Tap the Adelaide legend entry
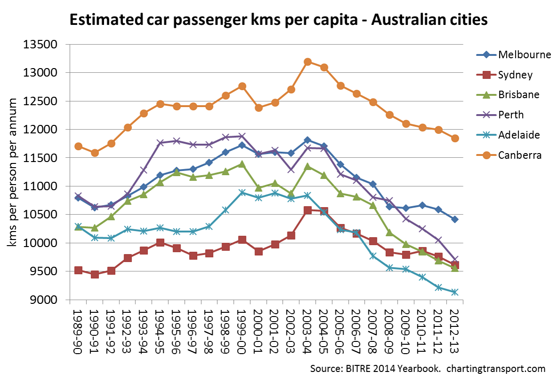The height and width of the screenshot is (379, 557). coord(518,135)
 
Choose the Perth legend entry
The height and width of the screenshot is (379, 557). coord(511,115)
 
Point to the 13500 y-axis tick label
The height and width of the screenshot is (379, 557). coord(44,45)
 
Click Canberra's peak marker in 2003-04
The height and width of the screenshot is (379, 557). coord(308,62)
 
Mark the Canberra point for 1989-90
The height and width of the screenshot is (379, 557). coord(78,147)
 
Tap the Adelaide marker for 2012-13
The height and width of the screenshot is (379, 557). coord(455,292)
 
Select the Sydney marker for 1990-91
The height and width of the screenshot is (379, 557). coord(95,274)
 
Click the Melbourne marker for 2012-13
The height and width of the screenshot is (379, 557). coord(455,219)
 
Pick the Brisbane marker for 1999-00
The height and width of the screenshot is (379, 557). coord(242,164)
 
